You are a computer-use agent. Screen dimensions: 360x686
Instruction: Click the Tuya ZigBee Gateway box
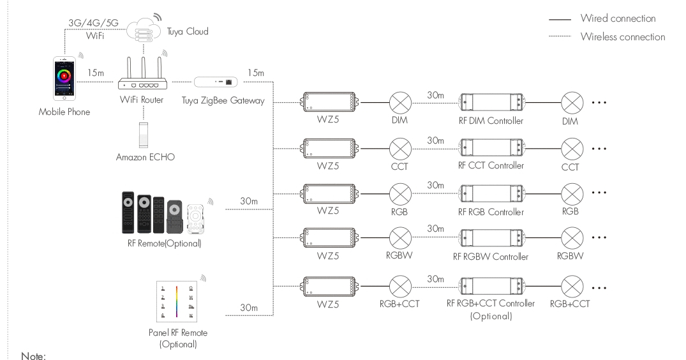(x=216, y=82)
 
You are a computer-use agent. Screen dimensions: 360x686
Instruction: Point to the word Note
(x=34, y=352)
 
